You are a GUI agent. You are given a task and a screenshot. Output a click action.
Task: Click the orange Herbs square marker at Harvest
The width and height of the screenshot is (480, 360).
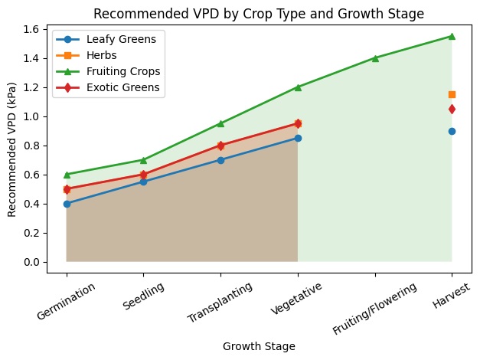[x=452, y=94]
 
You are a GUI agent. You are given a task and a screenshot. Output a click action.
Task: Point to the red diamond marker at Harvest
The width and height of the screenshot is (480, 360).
[x=452, y=109]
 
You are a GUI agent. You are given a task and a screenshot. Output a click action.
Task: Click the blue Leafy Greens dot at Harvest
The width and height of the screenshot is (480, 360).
[x=452, y=131]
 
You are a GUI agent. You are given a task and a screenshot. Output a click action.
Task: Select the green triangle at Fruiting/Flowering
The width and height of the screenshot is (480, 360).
[x=375, y=58]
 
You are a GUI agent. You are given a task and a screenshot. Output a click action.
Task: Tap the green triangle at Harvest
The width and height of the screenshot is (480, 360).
[x=452, y=36]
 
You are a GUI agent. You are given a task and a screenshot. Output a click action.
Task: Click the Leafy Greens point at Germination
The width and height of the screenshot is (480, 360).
[x=67, y=204]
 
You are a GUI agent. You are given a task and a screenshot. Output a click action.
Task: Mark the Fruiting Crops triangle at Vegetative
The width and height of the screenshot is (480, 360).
[x=298, y=87]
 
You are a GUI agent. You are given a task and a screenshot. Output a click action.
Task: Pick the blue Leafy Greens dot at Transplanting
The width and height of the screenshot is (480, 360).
[x=220, y=160]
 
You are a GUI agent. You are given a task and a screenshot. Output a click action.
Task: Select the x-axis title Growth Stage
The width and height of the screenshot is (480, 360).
[x=259, y=346]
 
